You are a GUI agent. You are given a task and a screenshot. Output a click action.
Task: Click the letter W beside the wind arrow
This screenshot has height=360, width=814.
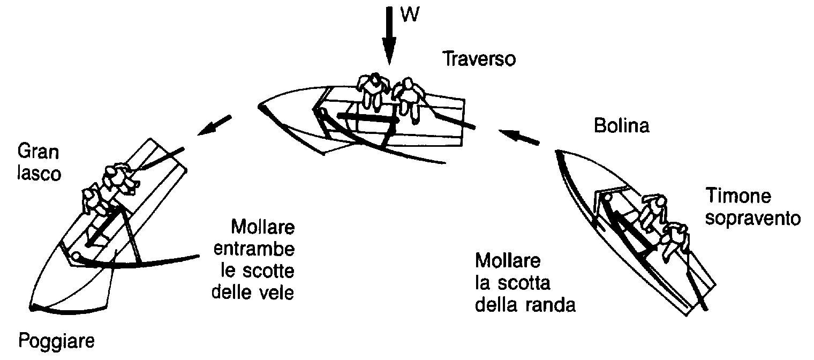pos(410,14)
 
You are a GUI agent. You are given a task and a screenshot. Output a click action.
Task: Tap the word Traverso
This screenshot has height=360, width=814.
pos(479,59)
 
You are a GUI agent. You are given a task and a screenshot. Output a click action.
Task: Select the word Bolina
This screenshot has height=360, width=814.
pos(621,126)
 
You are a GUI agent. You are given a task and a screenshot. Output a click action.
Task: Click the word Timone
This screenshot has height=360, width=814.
pos(738,196)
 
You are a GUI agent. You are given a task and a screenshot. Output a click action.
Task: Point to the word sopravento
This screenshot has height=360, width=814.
pos(753,219)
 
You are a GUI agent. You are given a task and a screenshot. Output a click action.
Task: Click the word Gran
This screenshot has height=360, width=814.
pos(38,152)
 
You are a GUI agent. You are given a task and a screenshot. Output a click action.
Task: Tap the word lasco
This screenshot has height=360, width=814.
pos(39,174)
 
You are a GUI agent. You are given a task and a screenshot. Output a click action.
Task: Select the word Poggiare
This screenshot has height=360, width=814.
pos(56,342)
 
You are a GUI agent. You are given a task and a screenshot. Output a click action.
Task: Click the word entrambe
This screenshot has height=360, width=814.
pos(254,250)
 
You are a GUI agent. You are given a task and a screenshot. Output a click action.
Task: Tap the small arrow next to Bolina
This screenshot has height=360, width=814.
pos(518,137)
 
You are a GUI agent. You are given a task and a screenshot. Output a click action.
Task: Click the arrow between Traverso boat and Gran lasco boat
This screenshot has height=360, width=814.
pos(214,125)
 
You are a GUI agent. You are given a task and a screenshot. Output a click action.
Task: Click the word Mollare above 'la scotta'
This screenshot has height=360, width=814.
pos(508,261)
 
